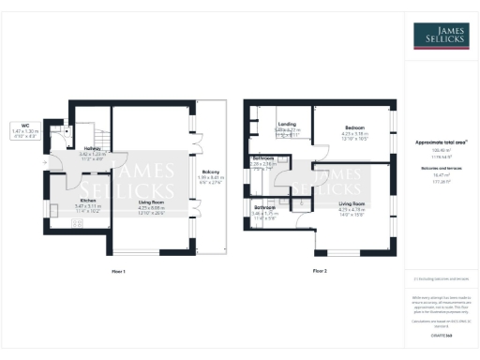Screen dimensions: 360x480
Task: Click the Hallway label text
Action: point(92,148)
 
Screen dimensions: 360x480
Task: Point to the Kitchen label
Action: point(88,201)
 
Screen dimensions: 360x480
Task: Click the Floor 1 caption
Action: point(118,271)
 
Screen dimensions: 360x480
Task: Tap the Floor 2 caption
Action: point(320,271)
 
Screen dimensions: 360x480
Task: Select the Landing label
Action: point(286,125)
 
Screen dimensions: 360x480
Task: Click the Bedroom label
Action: point(355,127)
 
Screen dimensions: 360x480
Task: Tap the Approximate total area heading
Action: point(442,142)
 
